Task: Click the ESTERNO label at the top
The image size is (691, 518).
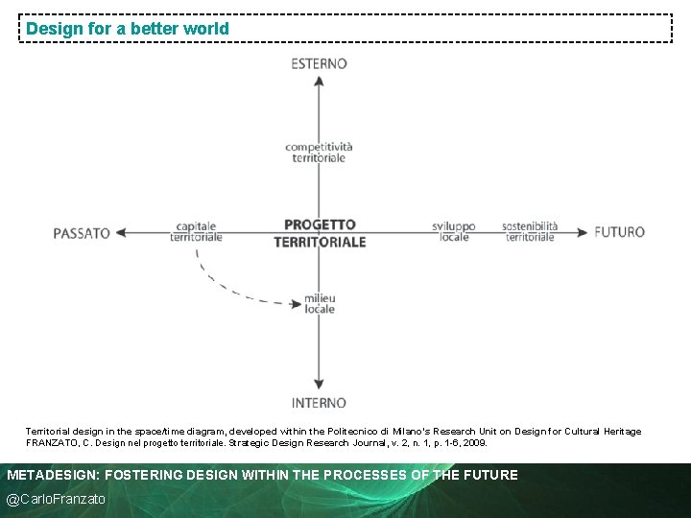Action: point(319,63)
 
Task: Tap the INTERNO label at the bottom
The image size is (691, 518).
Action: point(319,403)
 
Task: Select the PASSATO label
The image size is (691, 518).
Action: point(83,233)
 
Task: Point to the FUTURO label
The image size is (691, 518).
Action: point(619,232)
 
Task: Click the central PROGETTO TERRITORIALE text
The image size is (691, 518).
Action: point(320,233)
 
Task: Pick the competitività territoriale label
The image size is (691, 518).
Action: point(319,153)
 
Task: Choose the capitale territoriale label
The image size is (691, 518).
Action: point(196,232)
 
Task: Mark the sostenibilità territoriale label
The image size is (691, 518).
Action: point(530,232)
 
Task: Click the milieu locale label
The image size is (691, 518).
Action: point(320,304)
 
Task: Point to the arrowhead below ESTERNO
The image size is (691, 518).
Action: point(319,82)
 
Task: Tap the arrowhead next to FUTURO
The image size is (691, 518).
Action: point(583,232)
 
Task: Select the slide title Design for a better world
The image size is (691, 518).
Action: point(128,29)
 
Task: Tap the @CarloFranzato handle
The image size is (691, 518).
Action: point(57,499)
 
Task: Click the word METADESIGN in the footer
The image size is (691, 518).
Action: point(53,475)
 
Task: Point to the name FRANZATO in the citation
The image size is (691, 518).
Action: point(52,443)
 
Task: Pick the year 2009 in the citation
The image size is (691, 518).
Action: point(474,443)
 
